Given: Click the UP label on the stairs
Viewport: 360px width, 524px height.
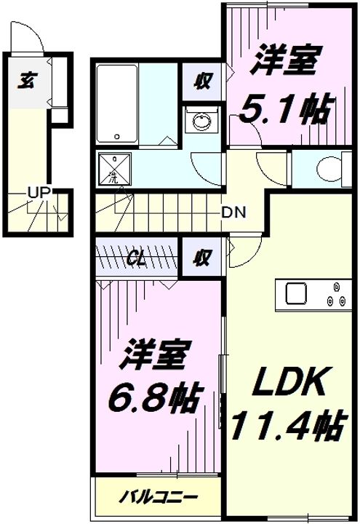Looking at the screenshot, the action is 39,192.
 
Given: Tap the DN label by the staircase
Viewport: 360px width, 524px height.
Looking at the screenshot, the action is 234,213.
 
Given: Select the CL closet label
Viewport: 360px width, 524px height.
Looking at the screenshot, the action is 136,260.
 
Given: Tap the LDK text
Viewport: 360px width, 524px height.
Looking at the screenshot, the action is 289,381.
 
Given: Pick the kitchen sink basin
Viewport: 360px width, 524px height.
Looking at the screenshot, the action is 296,293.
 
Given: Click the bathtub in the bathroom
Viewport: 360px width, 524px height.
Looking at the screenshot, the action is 117,104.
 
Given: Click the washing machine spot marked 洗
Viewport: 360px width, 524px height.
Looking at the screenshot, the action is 114,169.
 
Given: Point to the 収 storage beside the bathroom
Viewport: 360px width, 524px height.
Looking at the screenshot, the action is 203,82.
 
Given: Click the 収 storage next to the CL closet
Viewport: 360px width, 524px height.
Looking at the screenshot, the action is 203,258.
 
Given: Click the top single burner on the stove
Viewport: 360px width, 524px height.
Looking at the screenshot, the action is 336,287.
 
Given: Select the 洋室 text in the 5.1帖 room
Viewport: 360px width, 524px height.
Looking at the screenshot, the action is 283,61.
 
